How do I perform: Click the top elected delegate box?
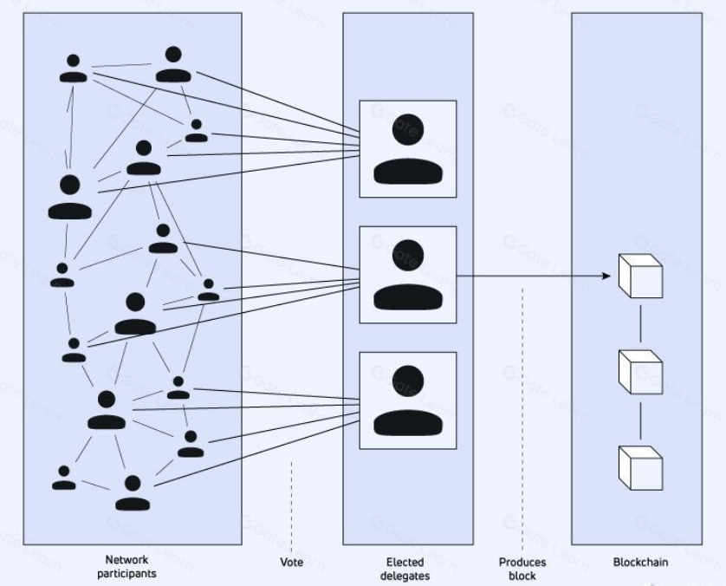point(407,149)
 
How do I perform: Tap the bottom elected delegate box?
point(407,400)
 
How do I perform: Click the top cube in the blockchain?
point(639,277)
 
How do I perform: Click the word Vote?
point(292,563)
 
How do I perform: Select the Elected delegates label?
point(407,568)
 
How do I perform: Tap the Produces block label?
point(522,568)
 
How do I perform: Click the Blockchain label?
point(640,563)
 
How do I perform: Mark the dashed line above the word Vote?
point(292,503)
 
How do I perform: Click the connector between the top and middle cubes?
point(640,322)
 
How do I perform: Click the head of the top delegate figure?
point(407,127)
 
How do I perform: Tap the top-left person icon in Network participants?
point(73,68)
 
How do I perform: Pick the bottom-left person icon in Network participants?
point(63,477)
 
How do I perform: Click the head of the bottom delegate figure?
point(407,378)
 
